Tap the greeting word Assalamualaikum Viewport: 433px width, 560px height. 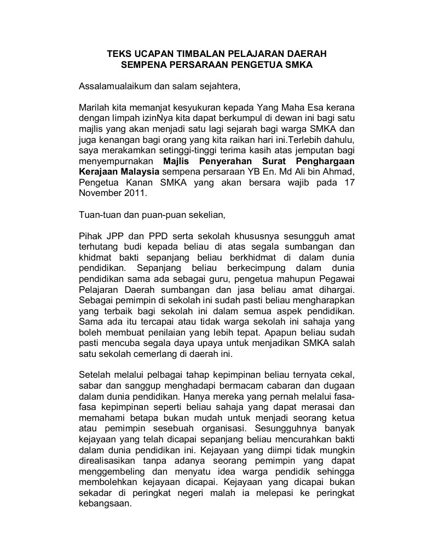(113, 86)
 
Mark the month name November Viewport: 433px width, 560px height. (101, 193)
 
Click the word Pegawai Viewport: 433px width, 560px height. (338, 279)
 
